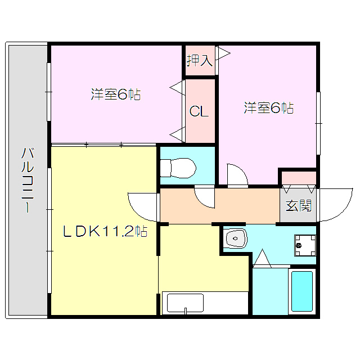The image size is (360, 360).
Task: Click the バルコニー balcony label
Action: click(x=28, y=181)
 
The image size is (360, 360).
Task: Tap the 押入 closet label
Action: click(x=199, y=61)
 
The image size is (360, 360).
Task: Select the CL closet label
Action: click(x=199, y=111)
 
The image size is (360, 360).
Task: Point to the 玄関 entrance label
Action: click(x=299, y=205)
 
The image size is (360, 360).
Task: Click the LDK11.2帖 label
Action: click(x=105, y=231)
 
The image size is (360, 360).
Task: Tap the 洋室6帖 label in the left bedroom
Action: click(x=116, y=94)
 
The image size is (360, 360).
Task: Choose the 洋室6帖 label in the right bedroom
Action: click(x=269, y=107)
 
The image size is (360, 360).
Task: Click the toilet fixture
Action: click(x=178, y=168)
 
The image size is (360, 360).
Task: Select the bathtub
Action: click(x=302, y=291)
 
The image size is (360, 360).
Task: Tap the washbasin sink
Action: click(x=236, y=238)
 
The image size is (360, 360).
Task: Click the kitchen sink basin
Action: click(x=185, y=303)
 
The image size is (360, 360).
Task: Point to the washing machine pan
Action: click(x=305, y=245)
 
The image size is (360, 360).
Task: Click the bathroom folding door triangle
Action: click(x=262, y=258)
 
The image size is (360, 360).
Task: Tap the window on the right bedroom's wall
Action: click(x=318, y=123)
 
